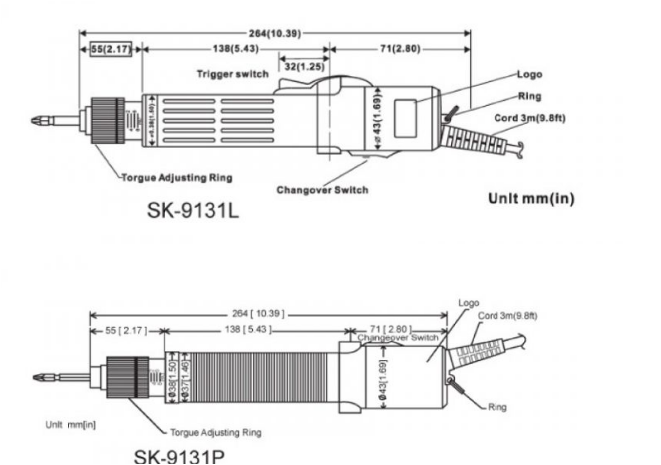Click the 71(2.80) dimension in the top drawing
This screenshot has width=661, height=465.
point(398,48)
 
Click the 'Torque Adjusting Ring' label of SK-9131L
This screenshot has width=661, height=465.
point(177,177)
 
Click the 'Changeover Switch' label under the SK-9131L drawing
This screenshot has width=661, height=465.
point(323,189)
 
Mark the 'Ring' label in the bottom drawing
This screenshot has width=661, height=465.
point(498,407)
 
